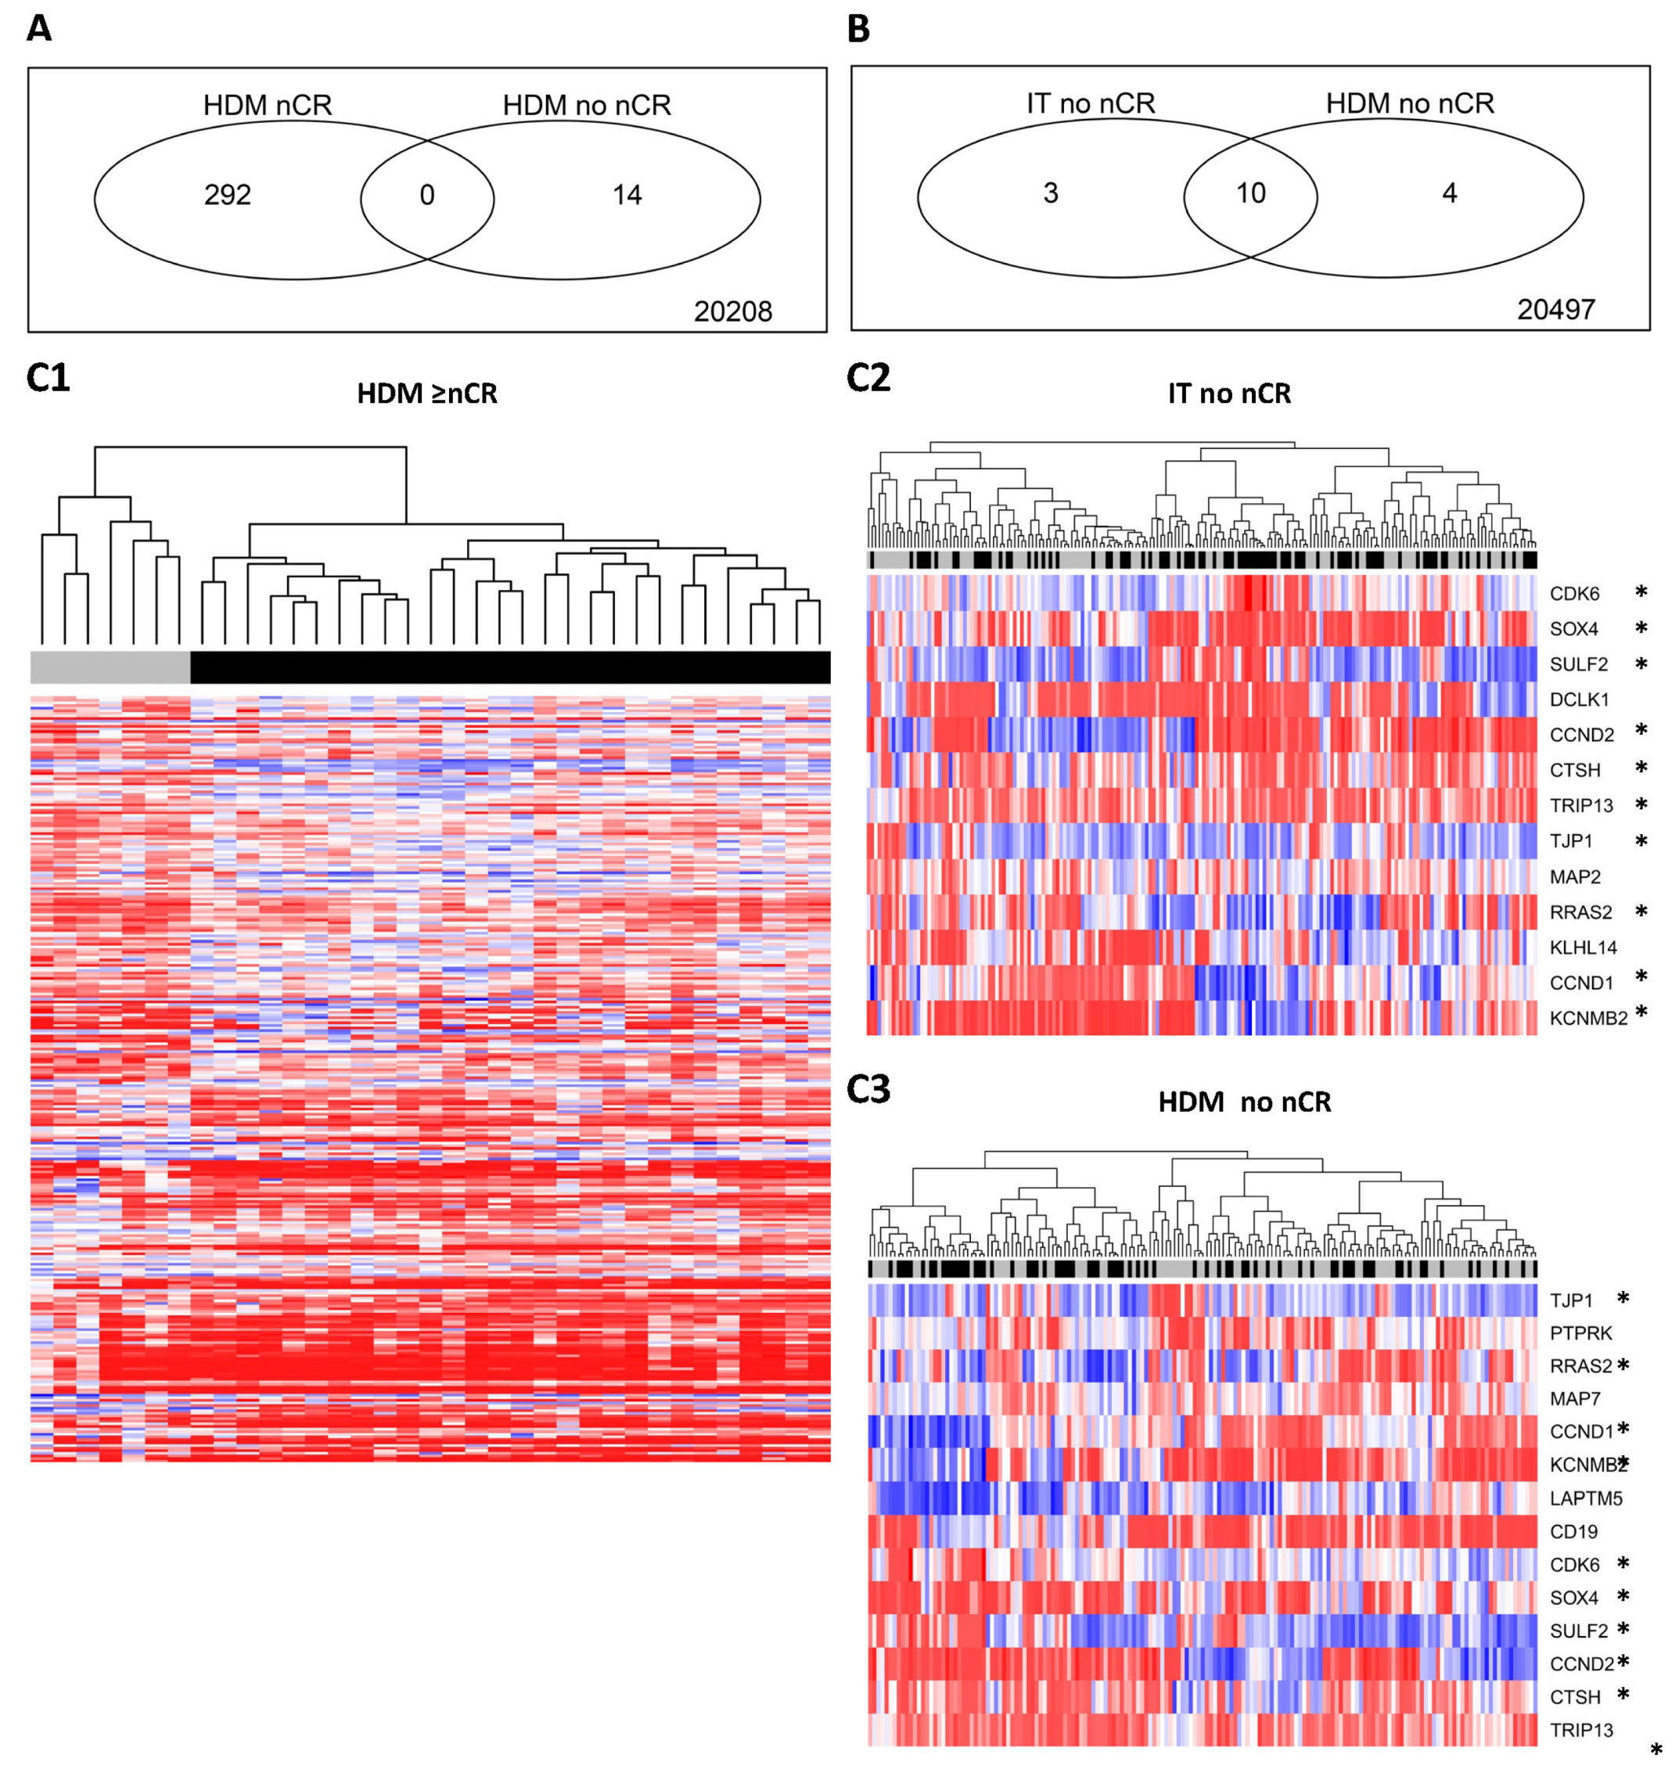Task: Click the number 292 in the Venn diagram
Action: [228, 195]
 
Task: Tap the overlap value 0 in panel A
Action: [427, 195]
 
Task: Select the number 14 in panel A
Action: [627, 195]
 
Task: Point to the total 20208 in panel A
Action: [732, 311]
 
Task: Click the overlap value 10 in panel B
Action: [1250, 193]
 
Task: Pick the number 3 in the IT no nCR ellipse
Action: [1051, 193]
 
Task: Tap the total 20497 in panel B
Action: [1555, 310]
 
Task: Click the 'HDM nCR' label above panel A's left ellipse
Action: [268, 106]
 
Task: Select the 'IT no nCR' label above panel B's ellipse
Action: [1090, 104]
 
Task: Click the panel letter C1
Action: [49, 379]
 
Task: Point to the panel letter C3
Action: [868, 1090]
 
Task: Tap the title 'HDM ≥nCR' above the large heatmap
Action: [427, 394]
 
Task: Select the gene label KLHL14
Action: [1584, 948]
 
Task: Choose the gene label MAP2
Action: [1575, 877]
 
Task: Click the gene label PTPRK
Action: [1580, 1333]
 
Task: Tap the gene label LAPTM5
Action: [1586, 1498]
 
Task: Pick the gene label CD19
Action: [1573, 1532]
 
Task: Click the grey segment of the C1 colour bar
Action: [110, 667]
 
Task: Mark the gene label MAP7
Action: [1575, 1399]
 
